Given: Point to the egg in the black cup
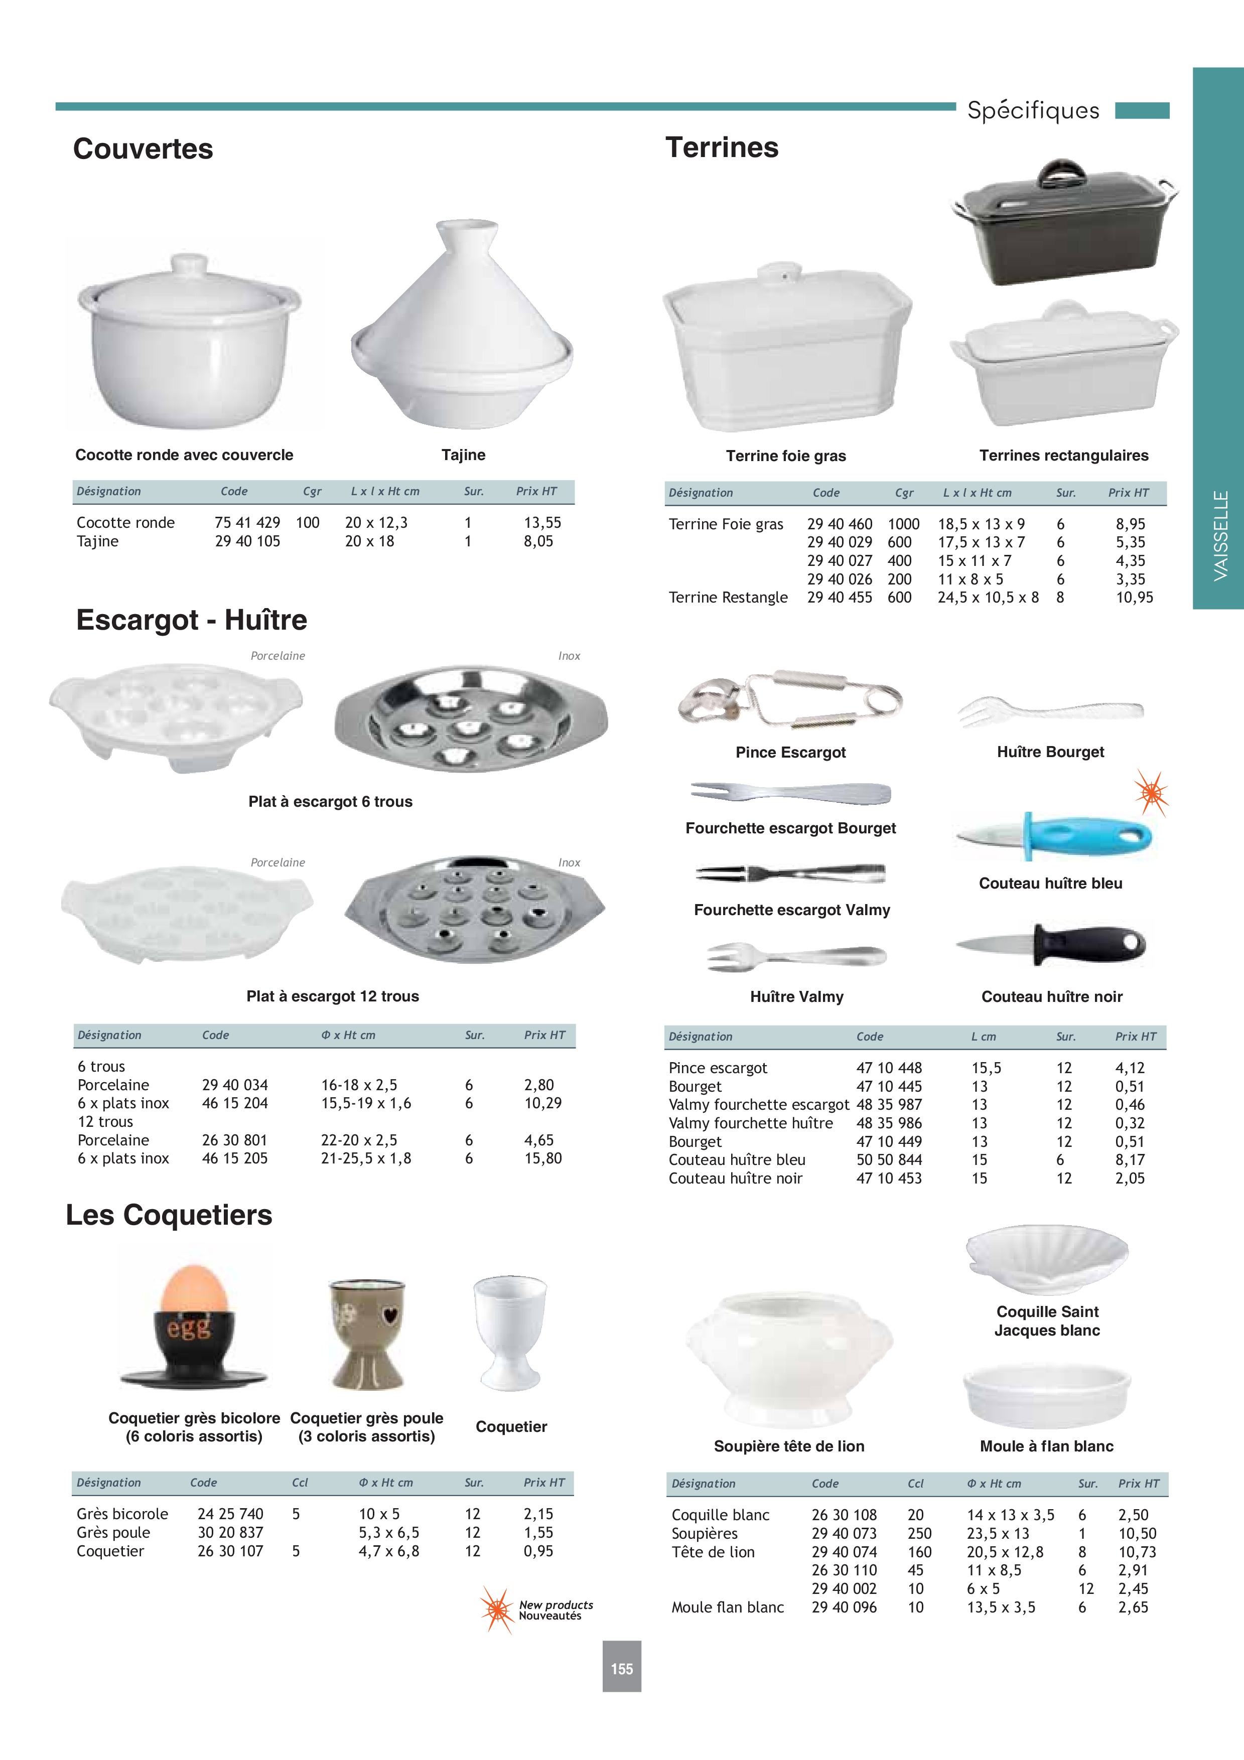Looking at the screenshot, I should click(194, 1289).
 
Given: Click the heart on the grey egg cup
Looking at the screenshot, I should click(389, 1316).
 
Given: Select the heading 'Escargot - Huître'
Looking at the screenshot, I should click(192, 620).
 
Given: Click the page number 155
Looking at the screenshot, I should click(622, 1669).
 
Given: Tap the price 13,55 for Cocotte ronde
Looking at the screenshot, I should click(542, 523).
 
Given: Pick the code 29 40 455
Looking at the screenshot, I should click(840, 597).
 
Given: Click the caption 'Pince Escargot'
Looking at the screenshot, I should click(790, 752).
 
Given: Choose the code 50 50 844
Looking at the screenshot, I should click(889, 1160).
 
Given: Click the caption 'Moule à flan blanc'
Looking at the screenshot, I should click(1046, 1446).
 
